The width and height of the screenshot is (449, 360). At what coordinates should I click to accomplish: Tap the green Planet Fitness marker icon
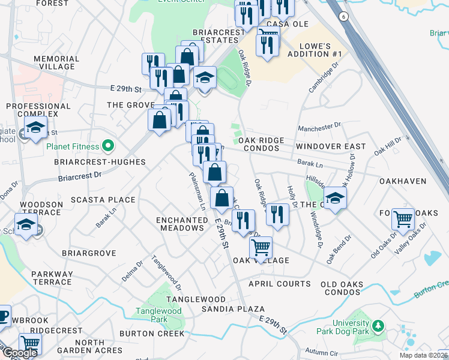pos(108,145)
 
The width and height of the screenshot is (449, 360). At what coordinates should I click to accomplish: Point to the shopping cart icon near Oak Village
pos(261,247)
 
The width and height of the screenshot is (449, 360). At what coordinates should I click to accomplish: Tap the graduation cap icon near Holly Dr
pos(335,198)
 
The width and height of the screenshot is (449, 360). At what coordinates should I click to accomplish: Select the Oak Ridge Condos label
pos(261,144)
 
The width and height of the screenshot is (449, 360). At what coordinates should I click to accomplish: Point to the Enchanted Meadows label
pos(181,224)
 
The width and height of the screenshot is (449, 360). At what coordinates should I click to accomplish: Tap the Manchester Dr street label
pos(319,127)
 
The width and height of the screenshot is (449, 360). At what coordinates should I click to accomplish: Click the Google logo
pos(20,353)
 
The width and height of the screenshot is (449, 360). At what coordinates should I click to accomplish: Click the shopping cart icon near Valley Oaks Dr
pos(403,219)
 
